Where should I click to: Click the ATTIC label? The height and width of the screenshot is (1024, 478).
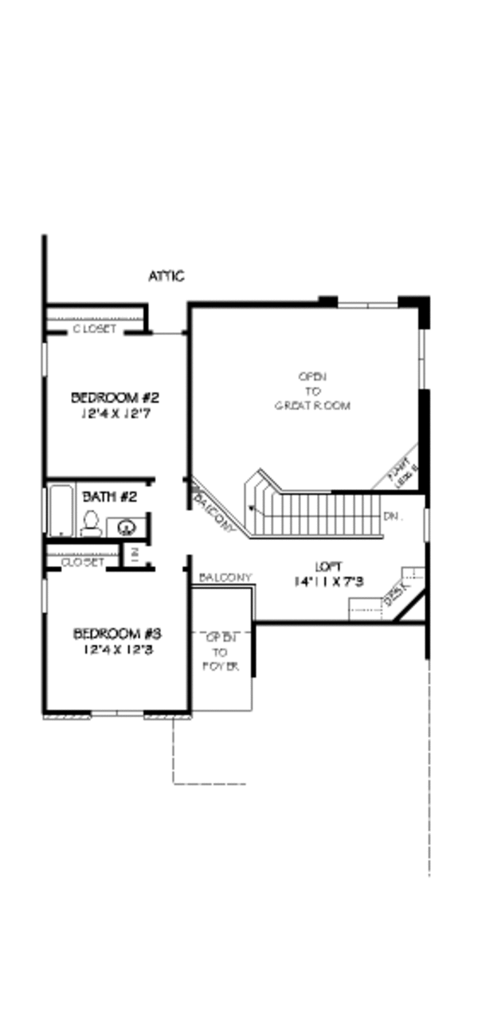pyautogui.click(x=167, y=276)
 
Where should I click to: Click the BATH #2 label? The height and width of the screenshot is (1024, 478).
pyautogui.click(x=105, y=496)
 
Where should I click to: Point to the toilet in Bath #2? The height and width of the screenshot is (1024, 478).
pyautogui.click(x=90, y=523)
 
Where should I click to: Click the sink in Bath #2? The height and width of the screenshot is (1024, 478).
pyautogui.click(x=126, y=526)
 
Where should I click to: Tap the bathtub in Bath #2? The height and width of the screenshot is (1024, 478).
pyautogui.click(x=60, y=510)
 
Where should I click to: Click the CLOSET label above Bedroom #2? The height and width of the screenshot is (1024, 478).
pyautogui.click(x=95, y=328)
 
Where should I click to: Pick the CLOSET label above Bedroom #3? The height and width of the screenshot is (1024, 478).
pyautogui.click(x=83, y=561)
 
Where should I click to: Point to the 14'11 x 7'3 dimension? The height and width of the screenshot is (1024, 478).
pyautogui.click(x=328, y=581)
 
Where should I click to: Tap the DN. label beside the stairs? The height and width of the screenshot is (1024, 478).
pyautogui.click(x=391, y=516)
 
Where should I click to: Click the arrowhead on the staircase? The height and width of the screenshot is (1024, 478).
pyautogui.click(x=252, y=506)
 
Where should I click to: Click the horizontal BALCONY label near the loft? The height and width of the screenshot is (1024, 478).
pyautogui.click(x=225, y=576)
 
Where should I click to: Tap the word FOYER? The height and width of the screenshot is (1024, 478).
pyautogui.click(x=221, y=666)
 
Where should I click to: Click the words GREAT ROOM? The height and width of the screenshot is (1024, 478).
pyautogui.click(x=312, y=405)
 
